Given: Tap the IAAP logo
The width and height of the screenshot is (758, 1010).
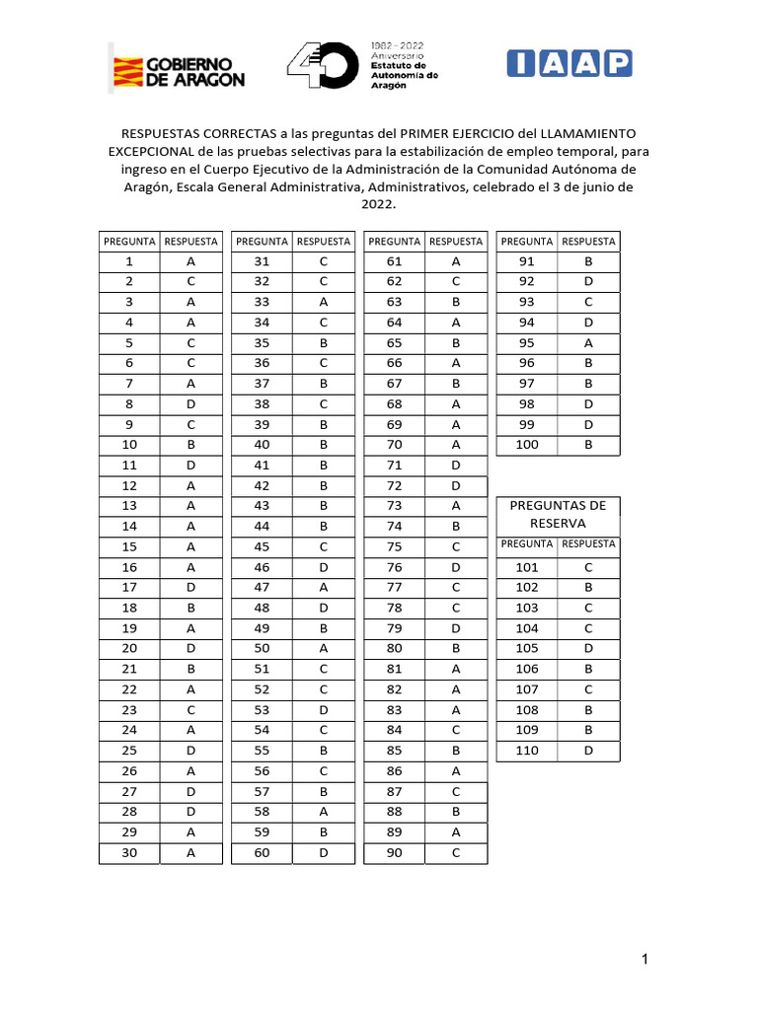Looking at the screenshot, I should coord(568,64).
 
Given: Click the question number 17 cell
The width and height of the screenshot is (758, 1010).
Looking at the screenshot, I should coord(129,588).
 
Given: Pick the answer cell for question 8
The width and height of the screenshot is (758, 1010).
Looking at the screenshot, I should coord(191,403).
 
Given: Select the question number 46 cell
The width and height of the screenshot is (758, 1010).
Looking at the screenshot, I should coord(262,568).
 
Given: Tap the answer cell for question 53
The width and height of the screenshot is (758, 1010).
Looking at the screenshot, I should coord(324,710).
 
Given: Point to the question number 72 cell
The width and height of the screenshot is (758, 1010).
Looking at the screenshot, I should coord(394,486).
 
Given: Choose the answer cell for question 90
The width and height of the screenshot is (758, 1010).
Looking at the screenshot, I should coord(456,853).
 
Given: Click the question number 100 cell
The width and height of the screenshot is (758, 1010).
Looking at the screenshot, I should coord(526,445).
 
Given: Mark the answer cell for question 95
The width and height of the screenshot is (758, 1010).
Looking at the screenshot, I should coord(588,342).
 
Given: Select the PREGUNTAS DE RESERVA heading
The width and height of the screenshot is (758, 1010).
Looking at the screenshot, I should coord(558,514).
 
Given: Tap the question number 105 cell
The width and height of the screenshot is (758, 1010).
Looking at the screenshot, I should coord(526,649).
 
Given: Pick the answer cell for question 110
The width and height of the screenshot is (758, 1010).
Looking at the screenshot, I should coord(588,752).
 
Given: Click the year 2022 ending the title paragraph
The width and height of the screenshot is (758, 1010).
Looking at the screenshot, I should coord(379,205).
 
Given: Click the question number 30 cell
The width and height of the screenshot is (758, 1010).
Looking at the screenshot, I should coord(129,853).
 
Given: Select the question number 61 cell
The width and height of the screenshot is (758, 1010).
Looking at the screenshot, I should coord(394,262).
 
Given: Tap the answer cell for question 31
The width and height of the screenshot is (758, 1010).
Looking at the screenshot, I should coord(324,262).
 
